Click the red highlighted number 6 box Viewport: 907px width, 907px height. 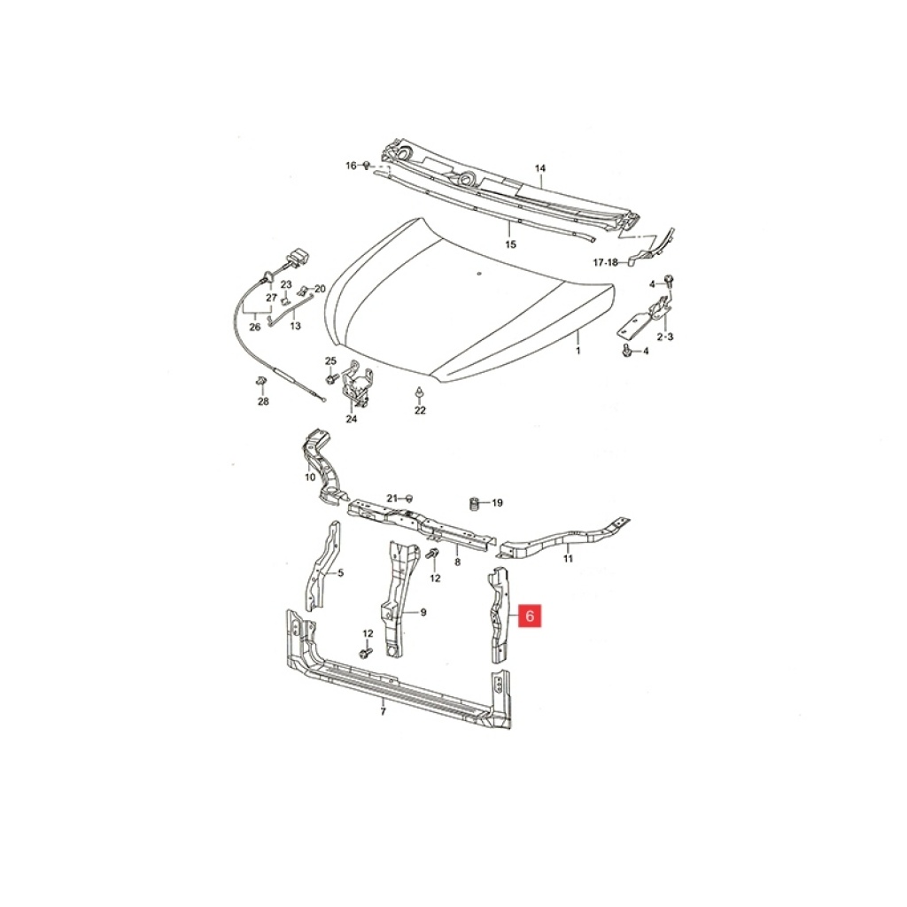530,616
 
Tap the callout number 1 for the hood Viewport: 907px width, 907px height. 578,351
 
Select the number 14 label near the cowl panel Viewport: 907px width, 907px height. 539,168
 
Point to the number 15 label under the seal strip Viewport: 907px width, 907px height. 510,244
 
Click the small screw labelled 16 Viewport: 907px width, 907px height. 366,166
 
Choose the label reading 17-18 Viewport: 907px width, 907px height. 606,262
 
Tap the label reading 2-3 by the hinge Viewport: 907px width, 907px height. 664,337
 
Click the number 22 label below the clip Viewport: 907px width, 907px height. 420,410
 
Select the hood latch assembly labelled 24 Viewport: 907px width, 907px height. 359,382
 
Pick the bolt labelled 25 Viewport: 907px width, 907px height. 331,379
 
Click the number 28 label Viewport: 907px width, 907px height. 263,401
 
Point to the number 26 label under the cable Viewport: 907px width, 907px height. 255,327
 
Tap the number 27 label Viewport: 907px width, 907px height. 272,298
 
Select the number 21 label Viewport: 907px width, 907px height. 392,499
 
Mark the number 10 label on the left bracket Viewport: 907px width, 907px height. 310,477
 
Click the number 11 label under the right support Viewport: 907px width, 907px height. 568,559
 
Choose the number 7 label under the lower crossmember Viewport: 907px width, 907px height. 383,711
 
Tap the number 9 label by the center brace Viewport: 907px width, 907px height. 423,612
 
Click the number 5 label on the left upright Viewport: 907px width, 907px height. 341,573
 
